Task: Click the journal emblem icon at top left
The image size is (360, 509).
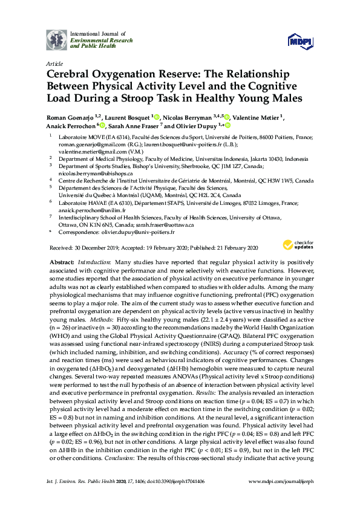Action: [56, 39]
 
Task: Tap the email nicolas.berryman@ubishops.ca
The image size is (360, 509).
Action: [96, 172]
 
